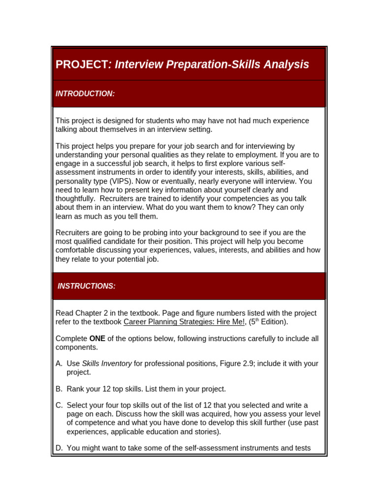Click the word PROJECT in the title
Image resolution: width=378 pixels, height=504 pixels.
tap(81, 64)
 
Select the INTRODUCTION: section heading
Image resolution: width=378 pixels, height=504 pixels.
tap(85, 94)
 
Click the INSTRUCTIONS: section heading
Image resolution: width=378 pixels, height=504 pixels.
tap(87, 286)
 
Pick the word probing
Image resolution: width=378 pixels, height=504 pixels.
tap(152, 232)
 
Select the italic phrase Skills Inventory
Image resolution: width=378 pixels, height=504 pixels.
tap(107, 364)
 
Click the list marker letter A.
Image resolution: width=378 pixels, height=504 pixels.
tap(59, 364)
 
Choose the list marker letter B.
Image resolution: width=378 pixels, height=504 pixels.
tap(59, 389)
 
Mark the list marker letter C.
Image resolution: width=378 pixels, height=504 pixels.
tap(59, 405)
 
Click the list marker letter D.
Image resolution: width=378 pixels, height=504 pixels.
tap(59, 448)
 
